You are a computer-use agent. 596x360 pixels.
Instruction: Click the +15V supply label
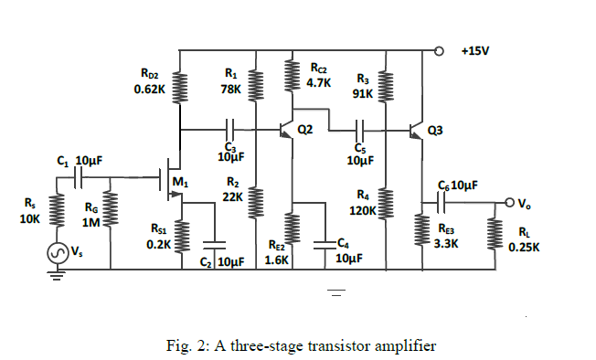pyautogui.click(x=474, y=49)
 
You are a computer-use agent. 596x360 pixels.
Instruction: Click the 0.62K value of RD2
pyautogui.click(x=148, y=90)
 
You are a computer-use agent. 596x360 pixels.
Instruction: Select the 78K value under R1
pyautogui.click(x=230, y=90)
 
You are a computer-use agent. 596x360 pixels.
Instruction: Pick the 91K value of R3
pyautogui.click(x=362, y=93)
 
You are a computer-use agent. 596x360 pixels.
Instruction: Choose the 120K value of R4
pyautogui.click(x=363, y=210)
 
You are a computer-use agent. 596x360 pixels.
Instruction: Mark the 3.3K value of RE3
pyautogui.click(x=447, y=244)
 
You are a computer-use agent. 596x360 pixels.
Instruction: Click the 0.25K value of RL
pyautogui.click(x=526, y=247)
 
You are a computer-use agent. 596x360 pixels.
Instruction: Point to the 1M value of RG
pyautogui.click(x=90, y=221)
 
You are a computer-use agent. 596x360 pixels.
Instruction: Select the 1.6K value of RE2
pyautogui.click(x=277, y=259)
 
